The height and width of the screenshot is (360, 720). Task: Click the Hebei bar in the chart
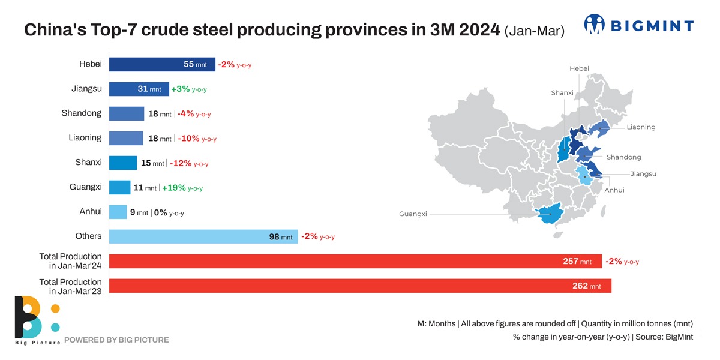pos(162,64)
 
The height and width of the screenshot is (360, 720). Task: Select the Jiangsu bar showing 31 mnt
pos(139,89)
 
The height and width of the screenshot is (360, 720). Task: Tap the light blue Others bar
pos(203,236)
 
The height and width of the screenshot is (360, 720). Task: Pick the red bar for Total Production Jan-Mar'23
pos(360,286)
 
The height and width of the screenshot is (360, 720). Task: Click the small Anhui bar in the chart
pos(118,212)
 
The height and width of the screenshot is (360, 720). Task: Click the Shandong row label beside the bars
pos(82,113)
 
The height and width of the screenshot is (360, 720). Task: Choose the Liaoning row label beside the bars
pos(85,137)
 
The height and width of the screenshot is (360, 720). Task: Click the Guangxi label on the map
pos(413,214)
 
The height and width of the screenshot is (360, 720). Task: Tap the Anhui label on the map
pos(614,190)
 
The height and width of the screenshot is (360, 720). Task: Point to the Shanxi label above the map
pos(562,93)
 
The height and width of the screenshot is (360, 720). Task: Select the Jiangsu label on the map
pos(643,174)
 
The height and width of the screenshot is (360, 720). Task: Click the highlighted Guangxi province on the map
pos(547,215)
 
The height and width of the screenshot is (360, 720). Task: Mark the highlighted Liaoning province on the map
pos(599,128)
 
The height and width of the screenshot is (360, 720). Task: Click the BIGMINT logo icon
pos(595,25)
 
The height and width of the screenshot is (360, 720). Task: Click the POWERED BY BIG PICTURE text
pos(116,340)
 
